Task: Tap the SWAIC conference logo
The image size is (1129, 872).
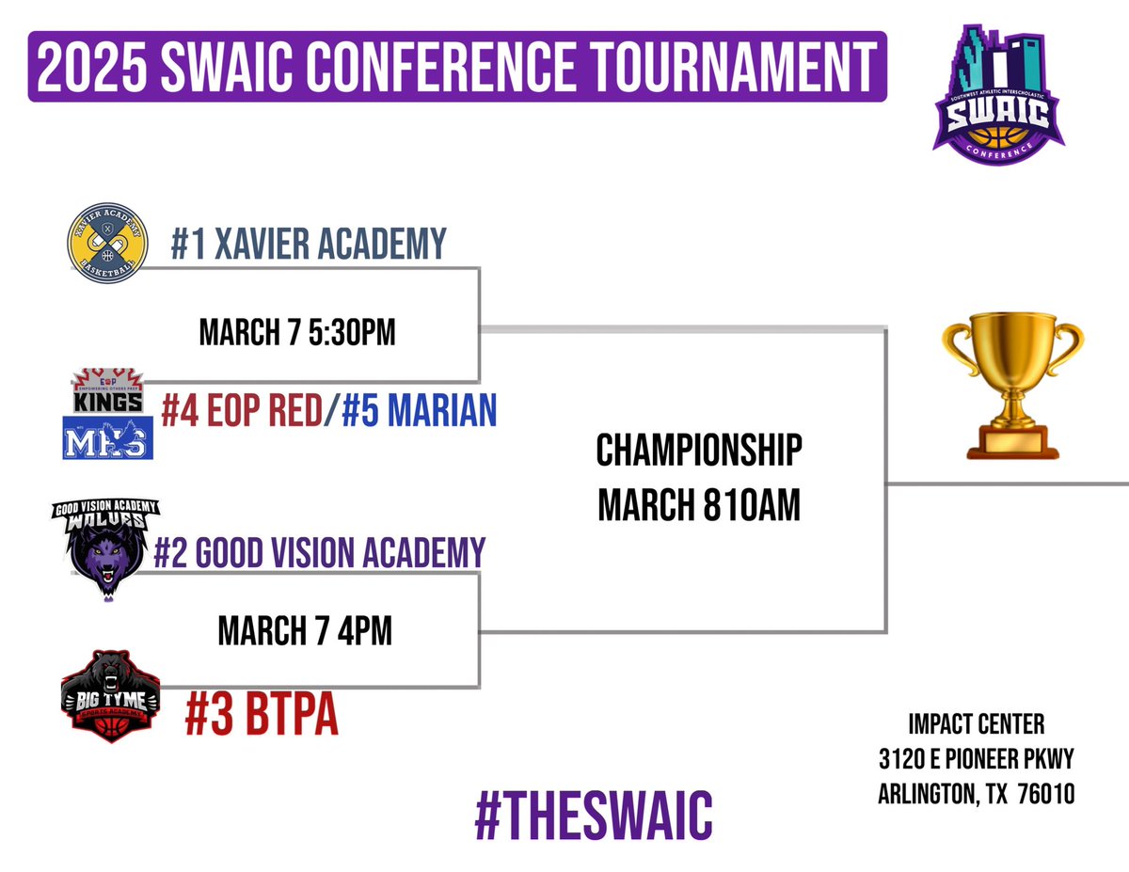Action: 998,90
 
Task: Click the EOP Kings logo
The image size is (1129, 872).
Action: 108,390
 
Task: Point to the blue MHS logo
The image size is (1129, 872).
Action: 106,438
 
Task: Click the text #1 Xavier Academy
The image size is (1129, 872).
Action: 309,244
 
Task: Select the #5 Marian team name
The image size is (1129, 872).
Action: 419,412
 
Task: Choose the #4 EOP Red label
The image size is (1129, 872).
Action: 241,412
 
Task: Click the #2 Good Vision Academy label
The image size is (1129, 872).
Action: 319,550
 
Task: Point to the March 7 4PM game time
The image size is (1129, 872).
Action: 305,630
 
